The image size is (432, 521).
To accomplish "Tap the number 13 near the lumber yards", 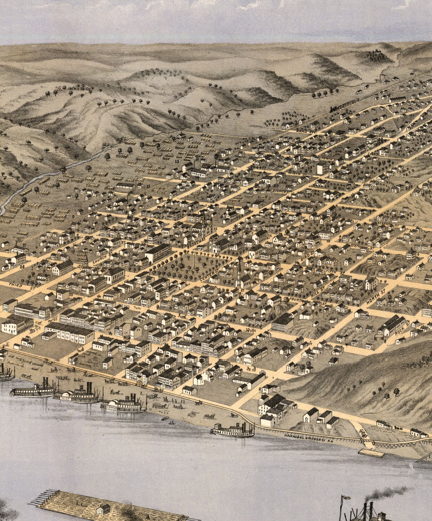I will tap(177, 162).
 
